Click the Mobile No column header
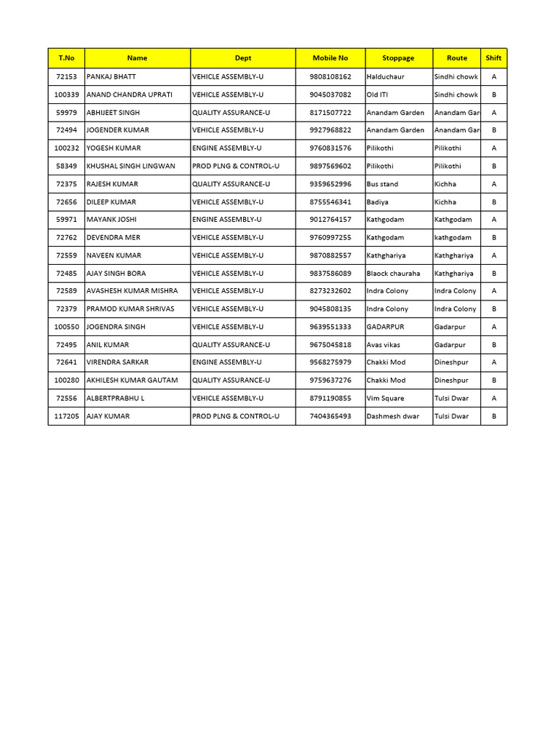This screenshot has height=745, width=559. coord(330,58)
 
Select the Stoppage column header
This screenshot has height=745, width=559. coord(398,58)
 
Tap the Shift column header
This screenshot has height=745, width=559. coord(493,58)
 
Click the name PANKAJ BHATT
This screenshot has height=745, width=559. coord(111,76)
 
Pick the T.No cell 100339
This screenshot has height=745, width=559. coord(67,95)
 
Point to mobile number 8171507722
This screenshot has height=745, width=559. coord(330,113)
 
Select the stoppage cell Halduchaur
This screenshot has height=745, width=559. coord(386,76)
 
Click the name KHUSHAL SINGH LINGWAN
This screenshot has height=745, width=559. coord(131,166)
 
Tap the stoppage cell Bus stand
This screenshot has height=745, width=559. coord(383,184)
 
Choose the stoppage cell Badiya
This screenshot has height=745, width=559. coord(378,202)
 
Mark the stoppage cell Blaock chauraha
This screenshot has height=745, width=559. coord(394,274)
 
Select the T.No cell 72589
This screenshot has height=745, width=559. coord(67,291)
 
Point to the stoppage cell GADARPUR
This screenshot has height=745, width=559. coord(386,327)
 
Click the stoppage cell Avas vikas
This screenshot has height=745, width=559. coord(384,345)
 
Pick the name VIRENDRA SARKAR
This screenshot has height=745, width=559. coord(118,362)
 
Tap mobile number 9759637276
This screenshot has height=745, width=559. coord(330,381)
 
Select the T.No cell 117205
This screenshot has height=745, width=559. coord(67,416)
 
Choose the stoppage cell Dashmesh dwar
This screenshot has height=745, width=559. coord(393,416)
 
